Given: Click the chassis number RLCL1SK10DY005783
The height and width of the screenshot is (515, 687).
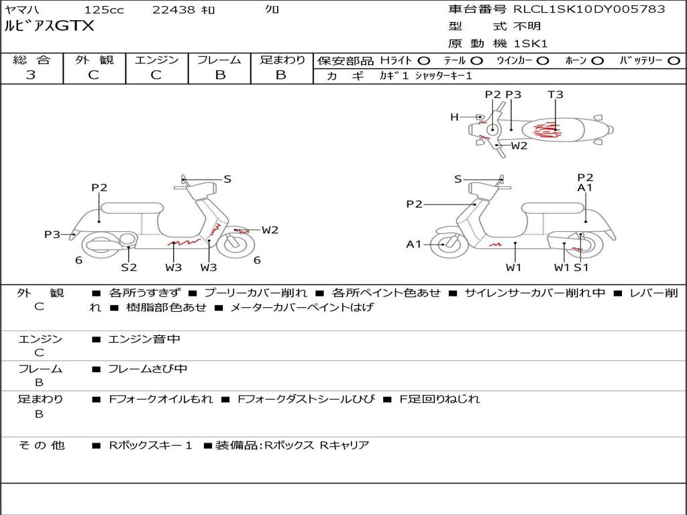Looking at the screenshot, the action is click(x=589, y=9).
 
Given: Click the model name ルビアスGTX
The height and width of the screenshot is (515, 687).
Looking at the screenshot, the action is click(x=49, y=26).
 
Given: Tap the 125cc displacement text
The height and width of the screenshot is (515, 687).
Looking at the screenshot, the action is click(x=104, y=9).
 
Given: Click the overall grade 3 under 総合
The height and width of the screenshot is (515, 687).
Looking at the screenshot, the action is click(x=31, y=75).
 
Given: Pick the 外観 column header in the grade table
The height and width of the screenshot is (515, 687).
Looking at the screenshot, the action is click(x=94, y=60).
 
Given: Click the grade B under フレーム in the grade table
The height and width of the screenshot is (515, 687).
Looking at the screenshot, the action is click(x=220, y=75).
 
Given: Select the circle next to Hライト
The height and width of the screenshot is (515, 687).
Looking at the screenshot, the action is click(x=424, y=61).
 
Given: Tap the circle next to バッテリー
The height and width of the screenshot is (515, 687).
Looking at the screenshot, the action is click(x=674, y=61).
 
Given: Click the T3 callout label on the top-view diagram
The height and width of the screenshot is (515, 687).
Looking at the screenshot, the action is click(x=555, y=95).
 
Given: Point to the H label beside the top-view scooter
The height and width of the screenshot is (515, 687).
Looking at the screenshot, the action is click(x=454, y=117).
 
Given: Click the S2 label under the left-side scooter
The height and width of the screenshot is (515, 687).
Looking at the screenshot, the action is click(x=129, y=267).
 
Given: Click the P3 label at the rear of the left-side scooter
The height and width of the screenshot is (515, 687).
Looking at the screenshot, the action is click(x=52, y=234).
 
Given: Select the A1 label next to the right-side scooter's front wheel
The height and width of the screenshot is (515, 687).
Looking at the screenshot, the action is click(x=413, y=244).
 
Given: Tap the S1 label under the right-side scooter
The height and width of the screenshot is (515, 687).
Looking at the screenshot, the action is click(x=582, y=267).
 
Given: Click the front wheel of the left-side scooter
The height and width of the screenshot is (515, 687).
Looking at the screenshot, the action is click(x=235, y=244).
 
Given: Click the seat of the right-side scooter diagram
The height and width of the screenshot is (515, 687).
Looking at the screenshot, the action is click(x=553, y=209).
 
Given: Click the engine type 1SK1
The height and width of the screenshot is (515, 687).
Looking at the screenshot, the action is click(x=530, y=44).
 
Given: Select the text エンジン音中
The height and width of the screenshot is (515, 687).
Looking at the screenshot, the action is click(x=144, y=339).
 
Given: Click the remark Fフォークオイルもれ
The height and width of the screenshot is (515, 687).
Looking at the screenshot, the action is click(x=161, y=399).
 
